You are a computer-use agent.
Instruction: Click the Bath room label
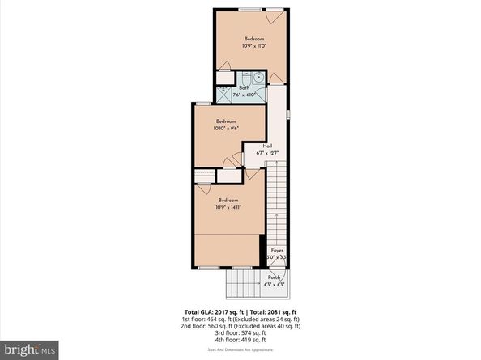coord(244,87)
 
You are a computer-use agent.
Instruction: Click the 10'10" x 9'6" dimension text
coord(225,128)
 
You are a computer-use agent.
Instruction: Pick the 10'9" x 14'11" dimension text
coord(228,206)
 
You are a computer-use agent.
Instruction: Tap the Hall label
coord(266,146)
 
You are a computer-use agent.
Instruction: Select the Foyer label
coord(277,251)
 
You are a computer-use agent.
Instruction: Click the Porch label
coord(275,277)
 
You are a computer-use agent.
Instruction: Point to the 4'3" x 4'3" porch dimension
coord(275,284)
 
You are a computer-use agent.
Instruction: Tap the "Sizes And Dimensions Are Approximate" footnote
coord(240,349)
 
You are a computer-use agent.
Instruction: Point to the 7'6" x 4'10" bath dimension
coord(244,95)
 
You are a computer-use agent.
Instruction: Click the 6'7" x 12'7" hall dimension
coord(266,152)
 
